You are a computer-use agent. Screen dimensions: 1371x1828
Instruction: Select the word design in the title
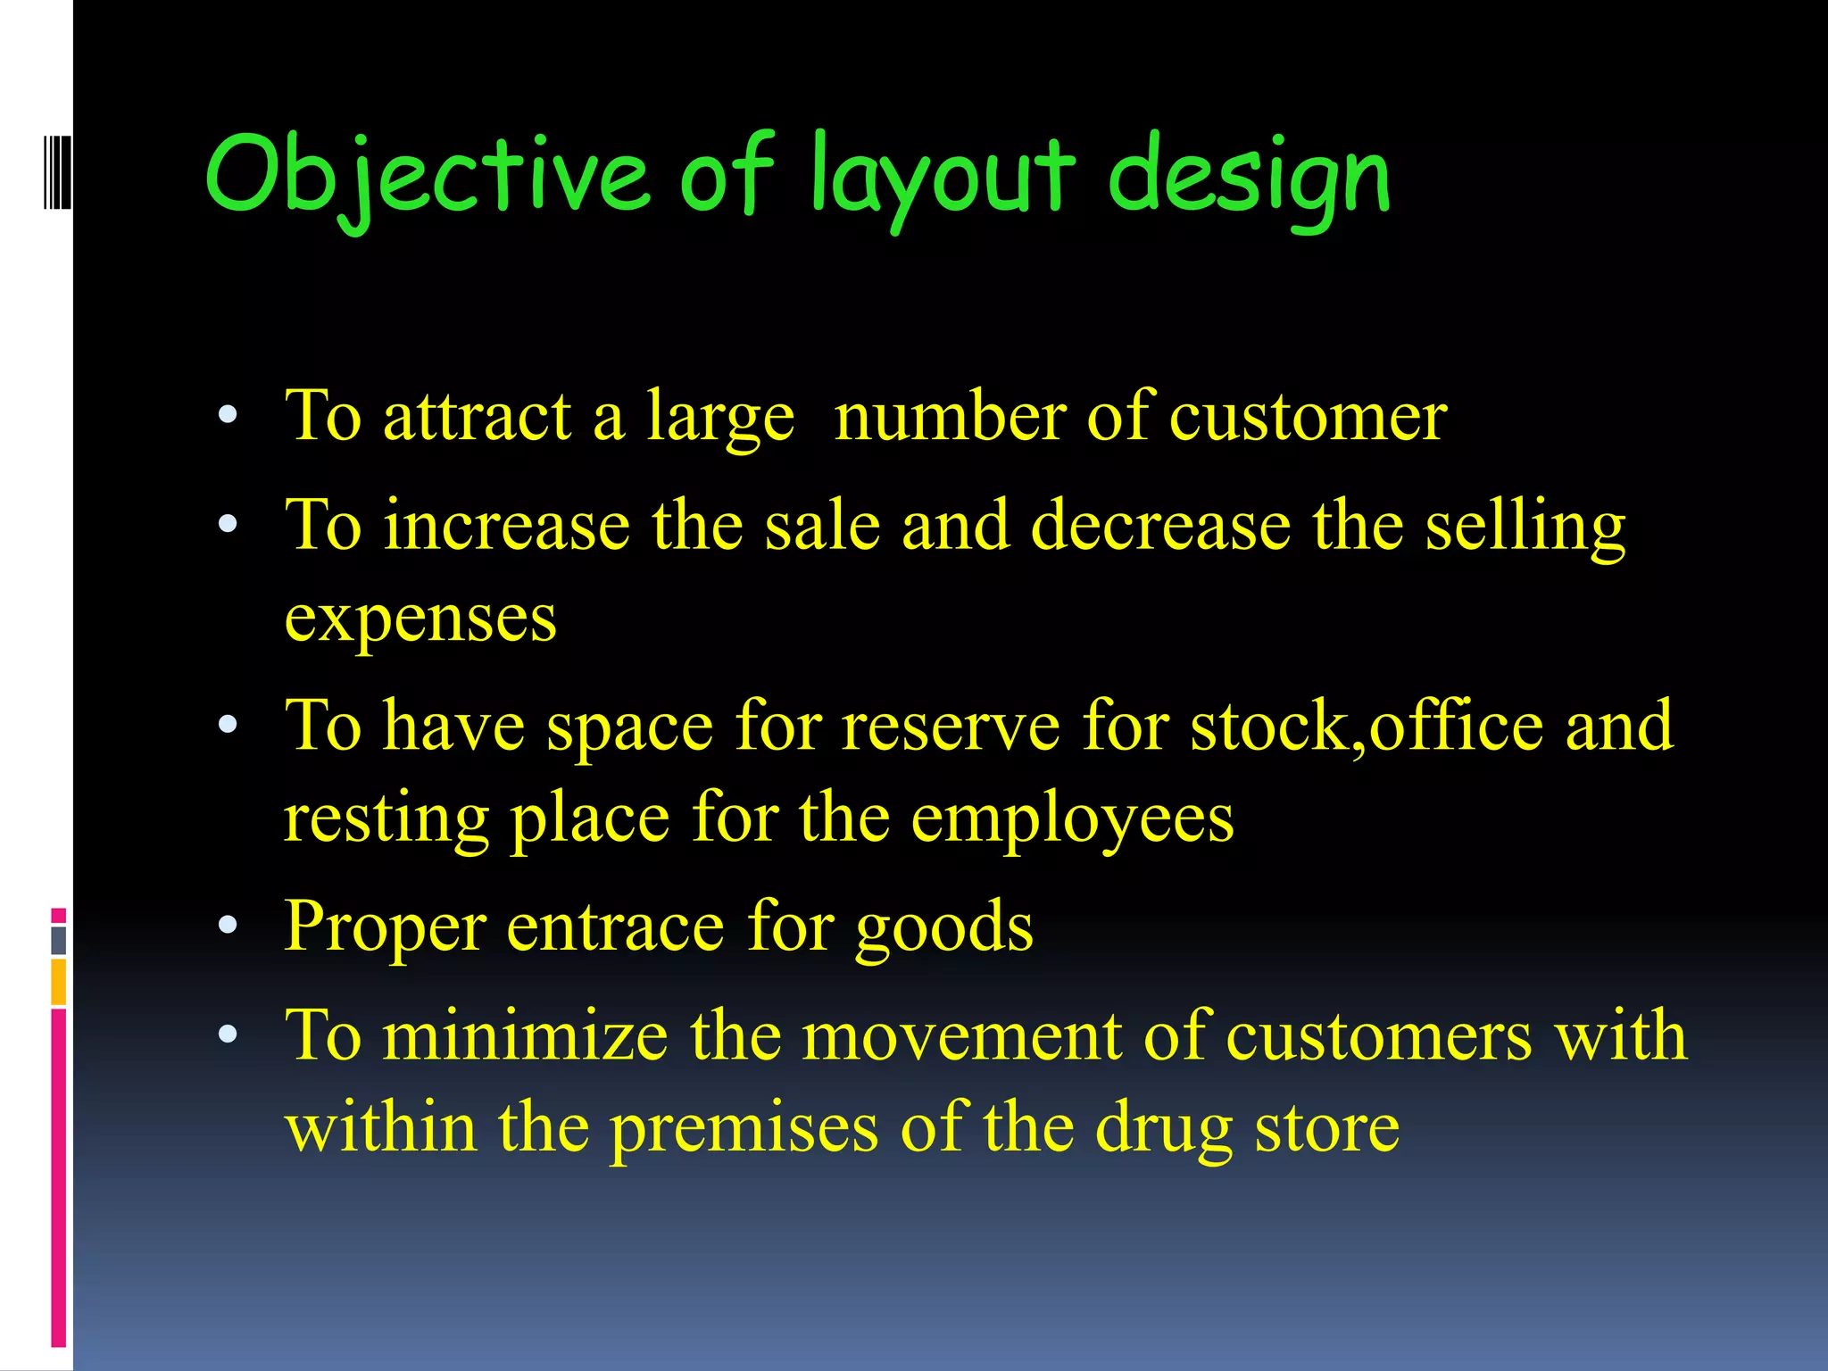(1249, 174)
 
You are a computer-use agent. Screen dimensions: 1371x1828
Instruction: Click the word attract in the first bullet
(478, 417)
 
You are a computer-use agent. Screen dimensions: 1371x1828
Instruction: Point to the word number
(950, 417)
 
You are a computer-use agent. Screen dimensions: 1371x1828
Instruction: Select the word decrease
(1160, 526)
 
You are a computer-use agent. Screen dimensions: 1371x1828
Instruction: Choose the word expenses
(420, 619)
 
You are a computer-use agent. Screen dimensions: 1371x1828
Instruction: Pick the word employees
(1072, 818)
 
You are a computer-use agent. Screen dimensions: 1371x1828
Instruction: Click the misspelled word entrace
(615, 927)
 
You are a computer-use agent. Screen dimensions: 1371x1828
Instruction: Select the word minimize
(526, 1036)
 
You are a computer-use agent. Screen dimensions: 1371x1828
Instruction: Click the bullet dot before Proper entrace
(228, 926)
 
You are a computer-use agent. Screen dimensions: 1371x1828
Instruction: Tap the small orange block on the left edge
(58, 981)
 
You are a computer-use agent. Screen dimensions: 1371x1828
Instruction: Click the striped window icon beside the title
(57, 172)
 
